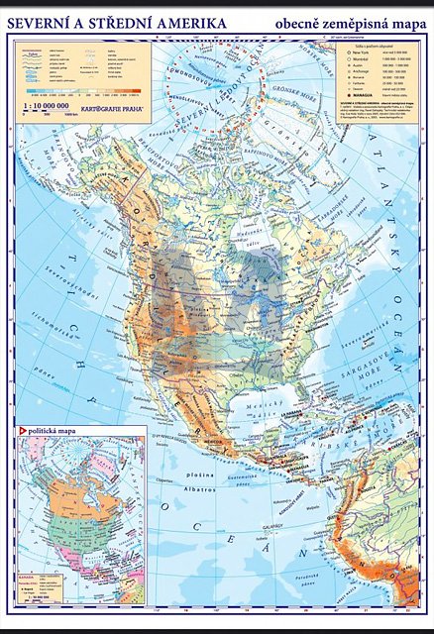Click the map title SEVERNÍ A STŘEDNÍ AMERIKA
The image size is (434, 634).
tap(117, 21)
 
